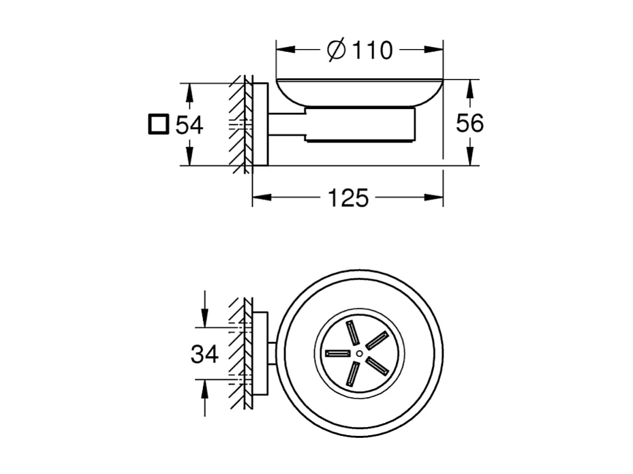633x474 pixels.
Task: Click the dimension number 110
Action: [x=370, y=50]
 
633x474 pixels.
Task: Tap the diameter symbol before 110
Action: [x=336, y=50]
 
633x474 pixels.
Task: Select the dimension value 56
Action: [x=469, y=123]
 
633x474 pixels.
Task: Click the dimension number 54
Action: [x=189, y=125]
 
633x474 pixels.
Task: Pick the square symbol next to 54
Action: [x=157, y=125]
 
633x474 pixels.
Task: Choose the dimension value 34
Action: [x=204, y=353]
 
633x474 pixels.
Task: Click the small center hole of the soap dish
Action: [x=359, y=353]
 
